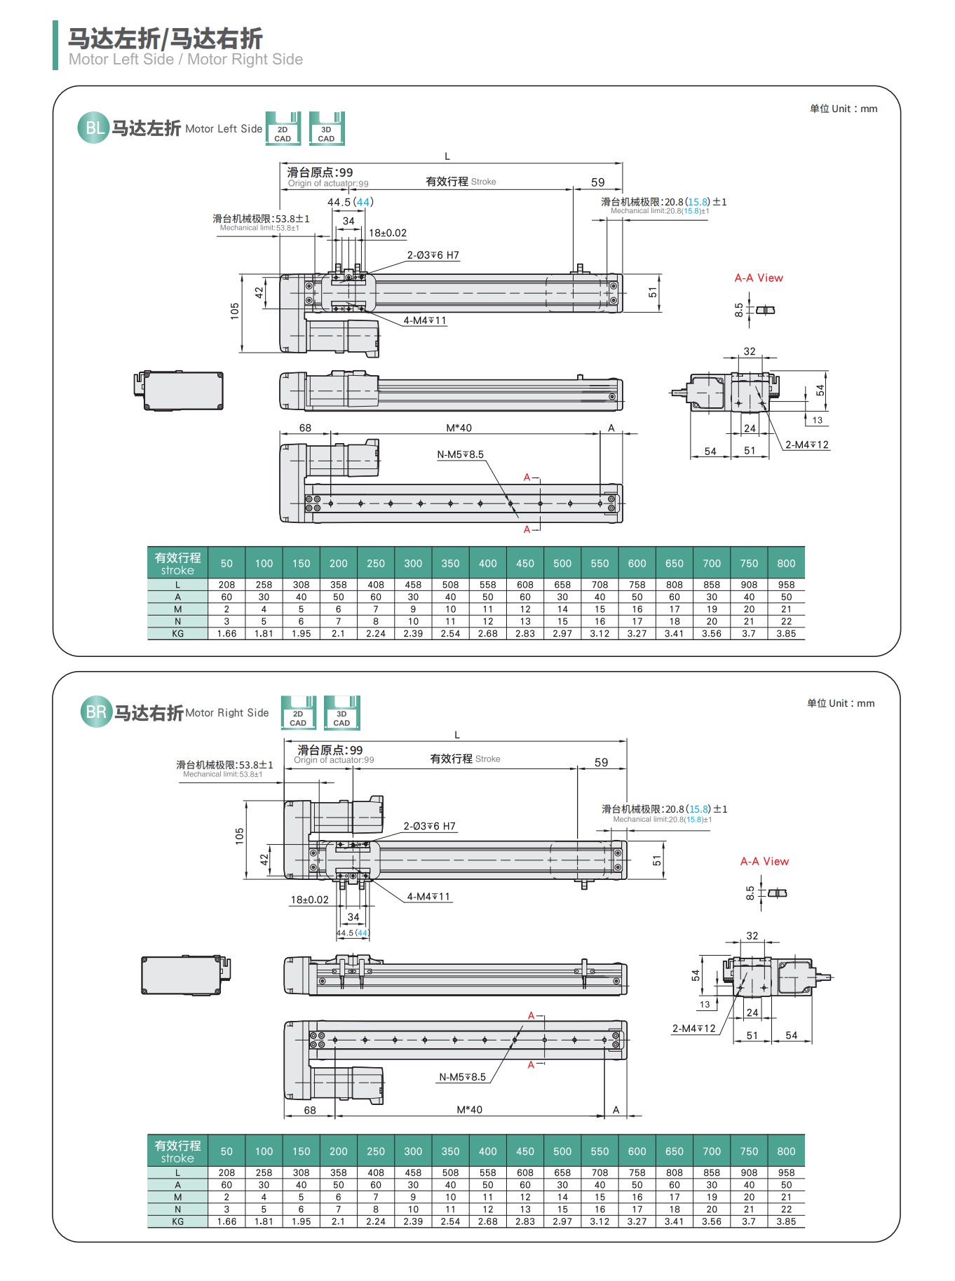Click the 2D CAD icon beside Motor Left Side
point(283,129)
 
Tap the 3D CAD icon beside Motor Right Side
point(341,713)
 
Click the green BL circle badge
point(93,128)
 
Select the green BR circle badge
point(96,712)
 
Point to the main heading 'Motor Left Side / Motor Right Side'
point(186,60)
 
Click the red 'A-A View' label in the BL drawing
point(759,278)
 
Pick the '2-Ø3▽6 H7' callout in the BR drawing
point(429,826)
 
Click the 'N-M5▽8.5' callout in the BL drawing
point(460,454)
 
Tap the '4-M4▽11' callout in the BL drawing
point(425,320)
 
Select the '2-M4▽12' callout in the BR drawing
point(693,1029)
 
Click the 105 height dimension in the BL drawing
point(234,311)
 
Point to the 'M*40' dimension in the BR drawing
point(469,1110)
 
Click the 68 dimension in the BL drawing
point(305,428)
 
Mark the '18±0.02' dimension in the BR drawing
point(309,900)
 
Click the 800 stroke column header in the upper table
point(786,563)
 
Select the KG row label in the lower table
point(177,1221)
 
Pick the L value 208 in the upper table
point(226,585)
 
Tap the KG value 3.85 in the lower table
point(786,1221)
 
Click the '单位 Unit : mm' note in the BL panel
point(843,109)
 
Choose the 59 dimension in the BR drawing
point(601,762)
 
